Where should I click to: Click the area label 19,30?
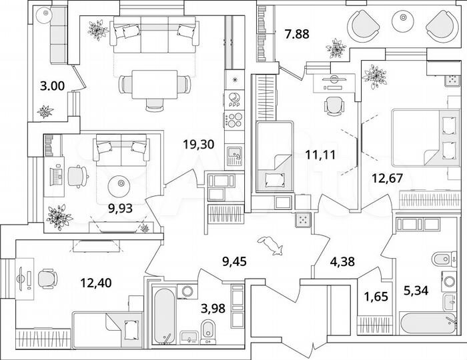[198, 143]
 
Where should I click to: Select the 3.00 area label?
[52, 85]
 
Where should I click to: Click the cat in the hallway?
[272, 246]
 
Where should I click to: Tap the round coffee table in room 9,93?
[121, 182]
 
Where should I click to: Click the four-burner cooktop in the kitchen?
[234, 121]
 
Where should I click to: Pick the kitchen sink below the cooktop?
[234, 155]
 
